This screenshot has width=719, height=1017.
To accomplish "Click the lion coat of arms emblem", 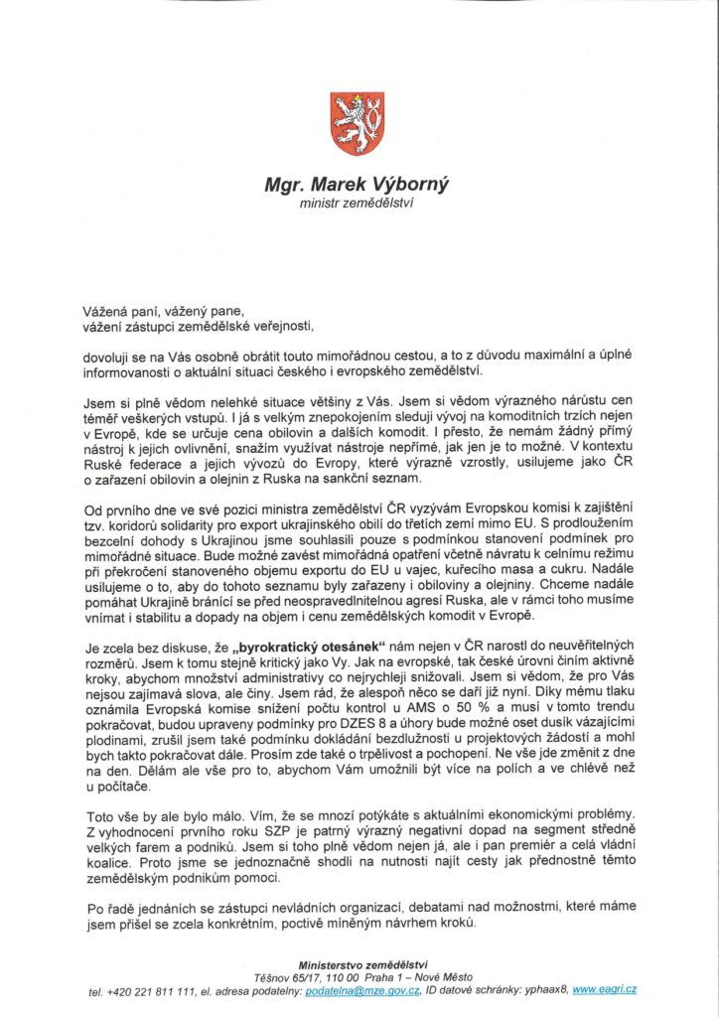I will point(357,123).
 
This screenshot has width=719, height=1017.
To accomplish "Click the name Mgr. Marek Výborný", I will point(357,186).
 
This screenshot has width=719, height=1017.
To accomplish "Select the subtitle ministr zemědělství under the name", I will point(357,204).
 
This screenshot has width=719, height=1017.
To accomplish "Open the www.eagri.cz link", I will point(605,990).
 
